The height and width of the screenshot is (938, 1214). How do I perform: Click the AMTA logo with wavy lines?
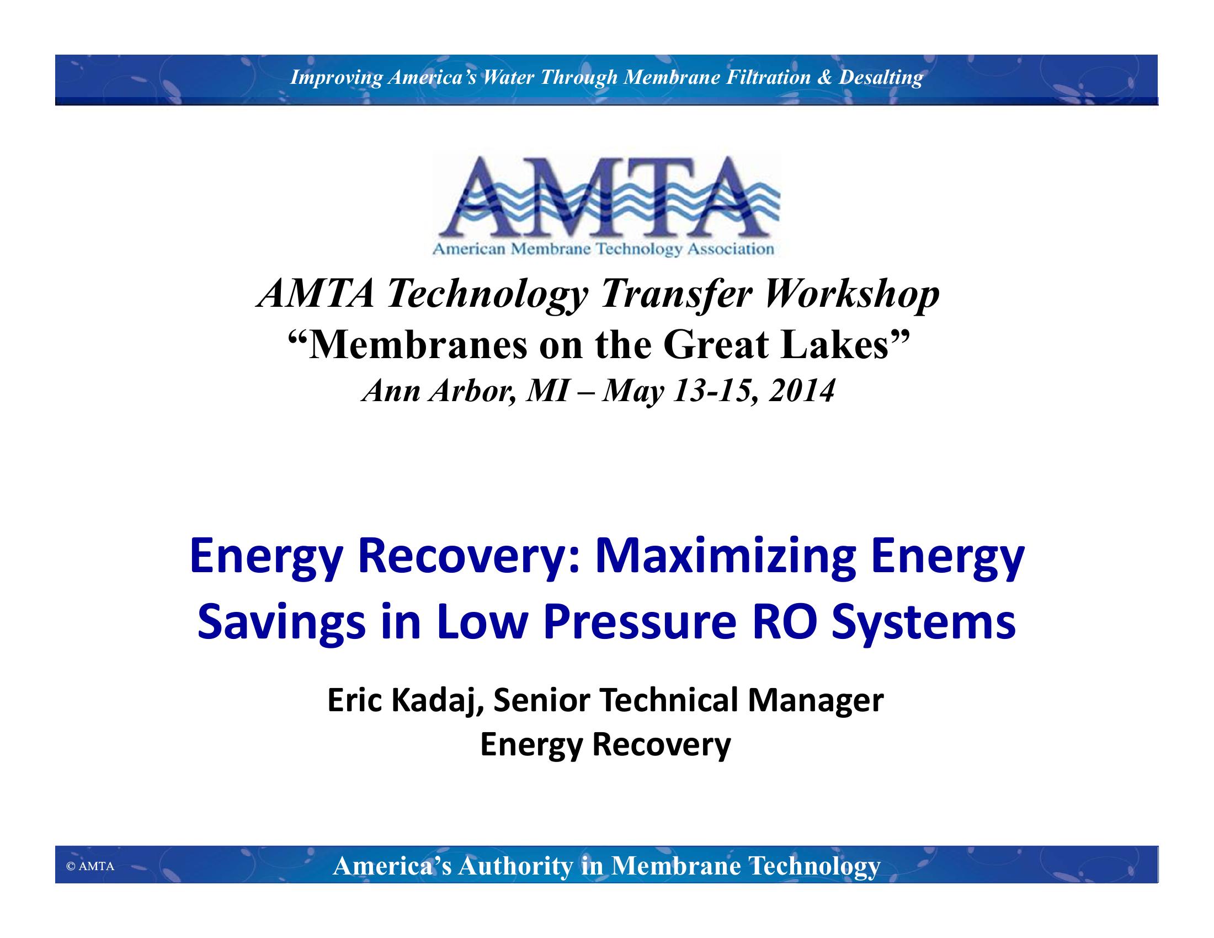[x=606, y=204]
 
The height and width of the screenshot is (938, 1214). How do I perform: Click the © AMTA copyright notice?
[x=90, y=866]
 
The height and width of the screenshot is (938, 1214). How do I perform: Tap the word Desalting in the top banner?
[x=881, y=77]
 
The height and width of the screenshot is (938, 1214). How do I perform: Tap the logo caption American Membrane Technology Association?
[x=603, y=249]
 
